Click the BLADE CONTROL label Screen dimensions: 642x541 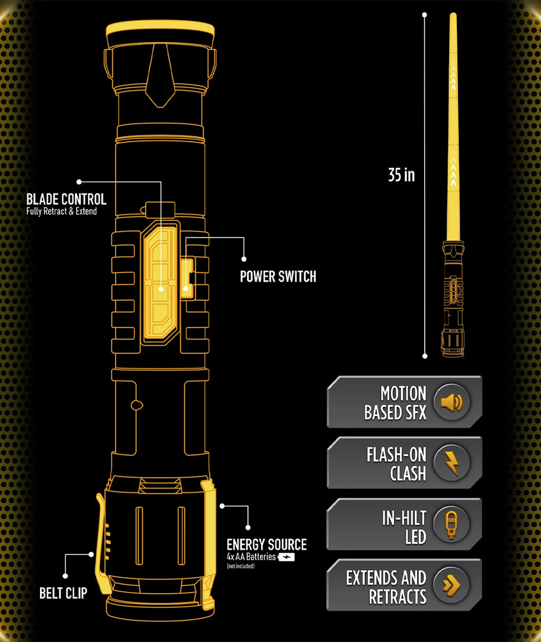point(66,199)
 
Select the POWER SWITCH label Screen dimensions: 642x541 point(278,277)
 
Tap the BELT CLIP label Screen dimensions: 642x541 point(63,593)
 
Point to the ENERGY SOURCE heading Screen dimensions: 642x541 point(266,545)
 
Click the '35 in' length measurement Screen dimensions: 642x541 point(401,175)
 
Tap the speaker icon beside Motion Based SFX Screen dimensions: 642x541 point(451,402)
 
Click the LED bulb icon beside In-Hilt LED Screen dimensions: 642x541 point(451,524)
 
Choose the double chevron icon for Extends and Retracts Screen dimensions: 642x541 point(451,585)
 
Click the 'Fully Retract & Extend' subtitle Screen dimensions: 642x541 point(61,212)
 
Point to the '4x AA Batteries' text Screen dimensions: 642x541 point(251,557)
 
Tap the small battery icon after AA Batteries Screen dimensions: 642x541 point(286,557)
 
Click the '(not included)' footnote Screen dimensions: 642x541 point(240,566)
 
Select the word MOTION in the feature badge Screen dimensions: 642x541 point(403,393)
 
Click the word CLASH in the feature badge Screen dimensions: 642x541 point(408,473)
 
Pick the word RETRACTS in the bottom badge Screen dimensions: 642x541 point(397,597)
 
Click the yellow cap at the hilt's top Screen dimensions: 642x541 point(160,29)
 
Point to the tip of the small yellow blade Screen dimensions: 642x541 point(453,16)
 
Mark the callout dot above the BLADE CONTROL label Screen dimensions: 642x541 point(79,182)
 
